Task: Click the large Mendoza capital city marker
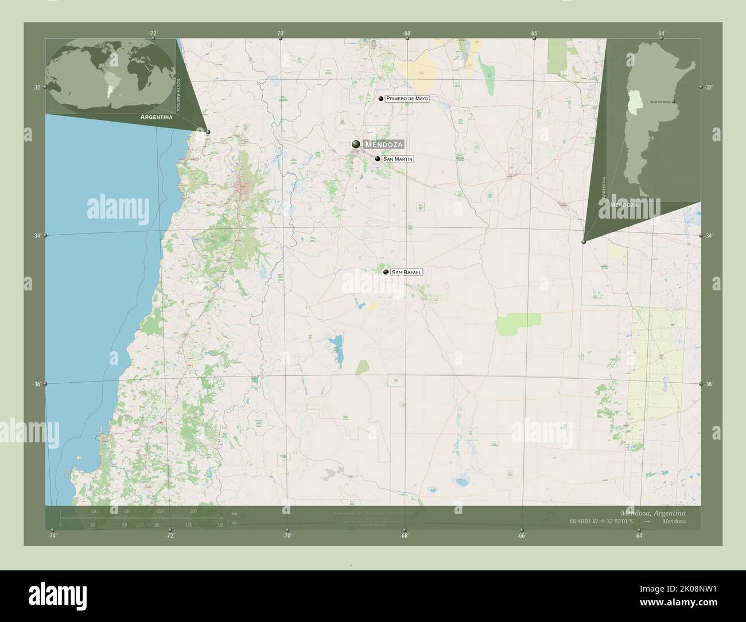click(356, 144)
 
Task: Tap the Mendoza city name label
click(383, 145)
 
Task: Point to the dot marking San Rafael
click(386, 272)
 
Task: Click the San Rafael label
click(406, 272)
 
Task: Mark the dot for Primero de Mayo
click(381, 99)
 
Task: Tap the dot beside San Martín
click(378, 159)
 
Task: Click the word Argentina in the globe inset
click(156, 116)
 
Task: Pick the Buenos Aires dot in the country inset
click(674, 103)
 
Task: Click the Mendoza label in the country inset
click(624, 204)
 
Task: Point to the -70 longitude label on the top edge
click(280, 34)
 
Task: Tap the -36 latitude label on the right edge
click(709, 384)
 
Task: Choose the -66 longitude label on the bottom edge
click(522, 536)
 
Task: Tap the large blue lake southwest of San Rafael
click(336, 350)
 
